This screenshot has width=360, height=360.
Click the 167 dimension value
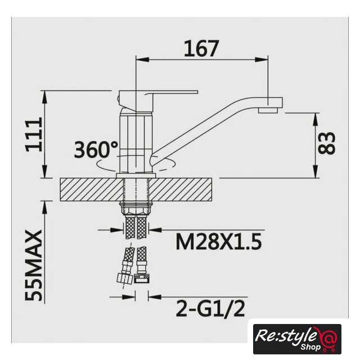tap(201, 48)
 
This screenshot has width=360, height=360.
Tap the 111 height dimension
tap(34, 134)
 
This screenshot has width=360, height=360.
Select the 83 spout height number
tap(326, 142)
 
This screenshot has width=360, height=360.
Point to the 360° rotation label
tap(96, 150)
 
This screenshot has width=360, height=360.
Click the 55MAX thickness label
tap(34, 265)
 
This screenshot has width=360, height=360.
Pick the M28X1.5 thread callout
tap(219, 242)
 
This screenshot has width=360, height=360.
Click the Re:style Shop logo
tap(297, 339)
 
